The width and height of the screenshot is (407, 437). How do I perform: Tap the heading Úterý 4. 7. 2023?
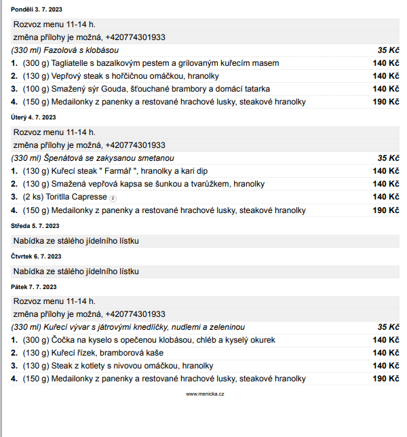(33, 117)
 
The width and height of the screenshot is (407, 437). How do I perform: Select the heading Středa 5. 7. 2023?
(35, 225)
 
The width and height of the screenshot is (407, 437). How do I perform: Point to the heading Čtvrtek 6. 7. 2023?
(37, 256)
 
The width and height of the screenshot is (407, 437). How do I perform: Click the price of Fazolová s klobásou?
(388, 50)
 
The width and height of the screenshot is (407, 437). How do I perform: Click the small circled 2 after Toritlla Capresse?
(113, 197)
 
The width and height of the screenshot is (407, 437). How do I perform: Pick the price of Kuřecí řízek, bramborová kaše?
(385, 353)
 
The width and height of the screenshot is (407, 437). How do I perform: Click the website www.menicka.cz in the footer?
(206, 394)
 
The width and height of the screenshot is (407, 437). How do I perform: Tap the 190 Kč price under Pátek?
(385, 379)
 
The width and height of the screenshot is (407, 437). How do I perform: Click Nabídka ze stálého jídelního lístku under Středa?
(76, 241)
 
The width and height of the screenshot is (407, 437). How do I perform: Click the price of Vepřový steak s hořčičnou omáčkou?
(385, 76)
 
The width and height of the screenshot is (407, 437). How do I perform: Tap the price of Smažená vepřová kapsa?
(385, 184)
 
